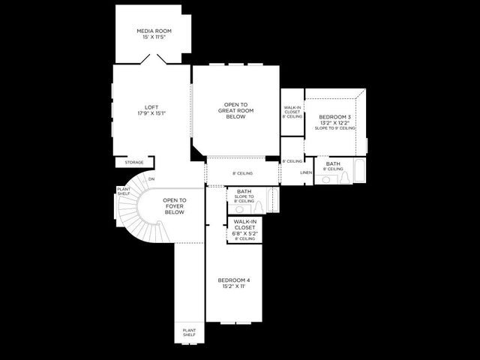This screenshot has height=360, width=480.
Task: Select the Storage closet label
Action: (x=134, y=162)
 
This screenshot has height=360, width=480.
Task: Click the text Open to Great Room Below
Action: (x=235, y=110)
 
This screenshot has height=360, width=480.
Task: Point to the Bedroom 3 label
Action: (x=334, y=118)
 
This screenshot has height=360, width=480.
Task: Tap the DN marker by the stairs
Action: (x=151, y=179)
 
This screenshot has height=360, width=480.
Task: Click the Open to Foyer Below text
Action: (x=174, y=205)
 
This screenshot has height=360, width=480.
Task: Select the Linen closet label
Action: (x=306, y=173)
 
